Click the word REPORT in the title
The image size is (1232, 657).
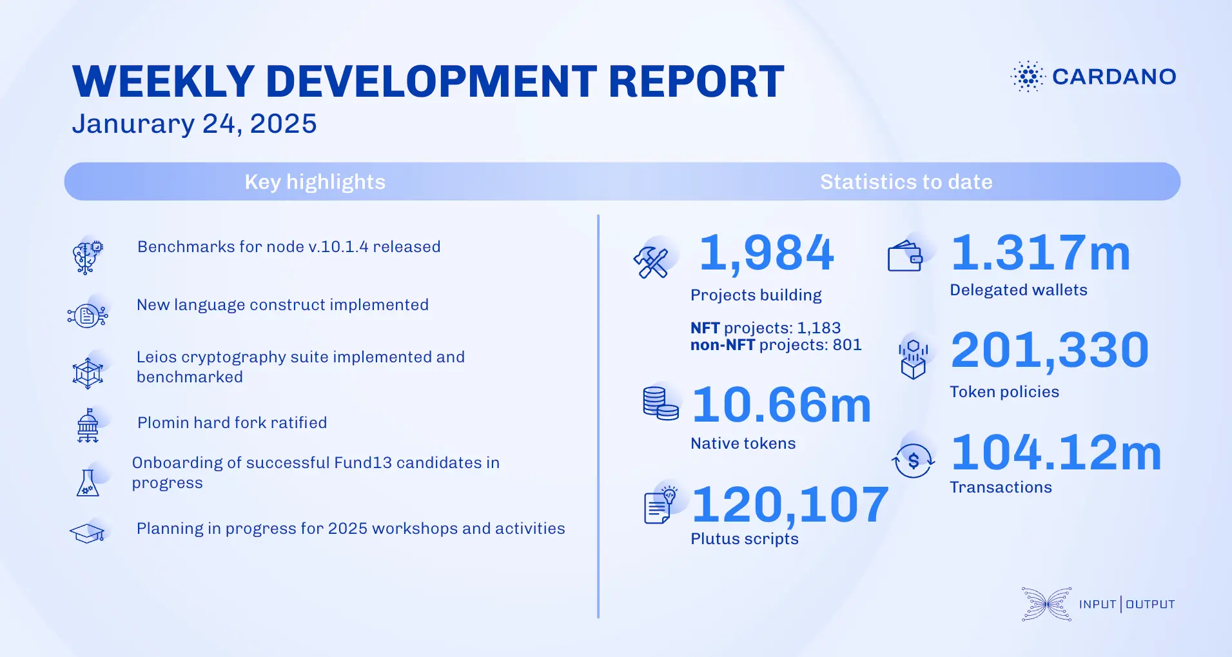click(696, 82)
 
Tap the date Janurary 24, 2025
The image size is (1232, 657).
click(194, 124)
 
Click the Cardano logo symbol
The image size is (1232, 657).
click(1028, 77)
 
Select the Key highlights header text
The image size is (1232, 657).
click(315, 182)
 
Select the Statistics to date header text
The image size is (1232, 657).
click(906, 182)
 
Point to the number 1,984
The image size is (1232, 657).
click(767, 253)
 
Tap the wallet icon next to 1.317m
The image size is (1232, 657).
click(905, 257)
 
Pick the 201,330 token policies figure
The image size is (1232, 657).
click(1050, 351)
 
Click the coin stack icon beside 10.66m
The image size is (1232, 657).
click(660, 404)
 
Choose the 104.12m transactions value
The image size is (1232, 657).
click(1056, 453)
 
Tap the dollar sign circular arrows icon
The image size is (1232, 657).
click(913, 460)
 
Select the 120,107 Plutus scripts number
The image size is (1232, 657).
click(790, 504)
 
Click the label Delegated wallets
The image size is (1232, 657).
click(1018, 290)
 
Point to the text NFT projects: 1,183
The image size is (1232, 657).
click(765, 328)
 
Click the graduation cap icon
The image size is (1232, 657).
click(87, 533)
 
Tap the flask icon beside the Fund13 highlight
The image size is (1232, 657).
click(88, 483)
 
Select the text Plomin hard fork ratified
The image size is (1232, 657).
click(232, 423)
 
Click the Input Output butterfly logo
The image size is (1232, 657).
click(1046, 604)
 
